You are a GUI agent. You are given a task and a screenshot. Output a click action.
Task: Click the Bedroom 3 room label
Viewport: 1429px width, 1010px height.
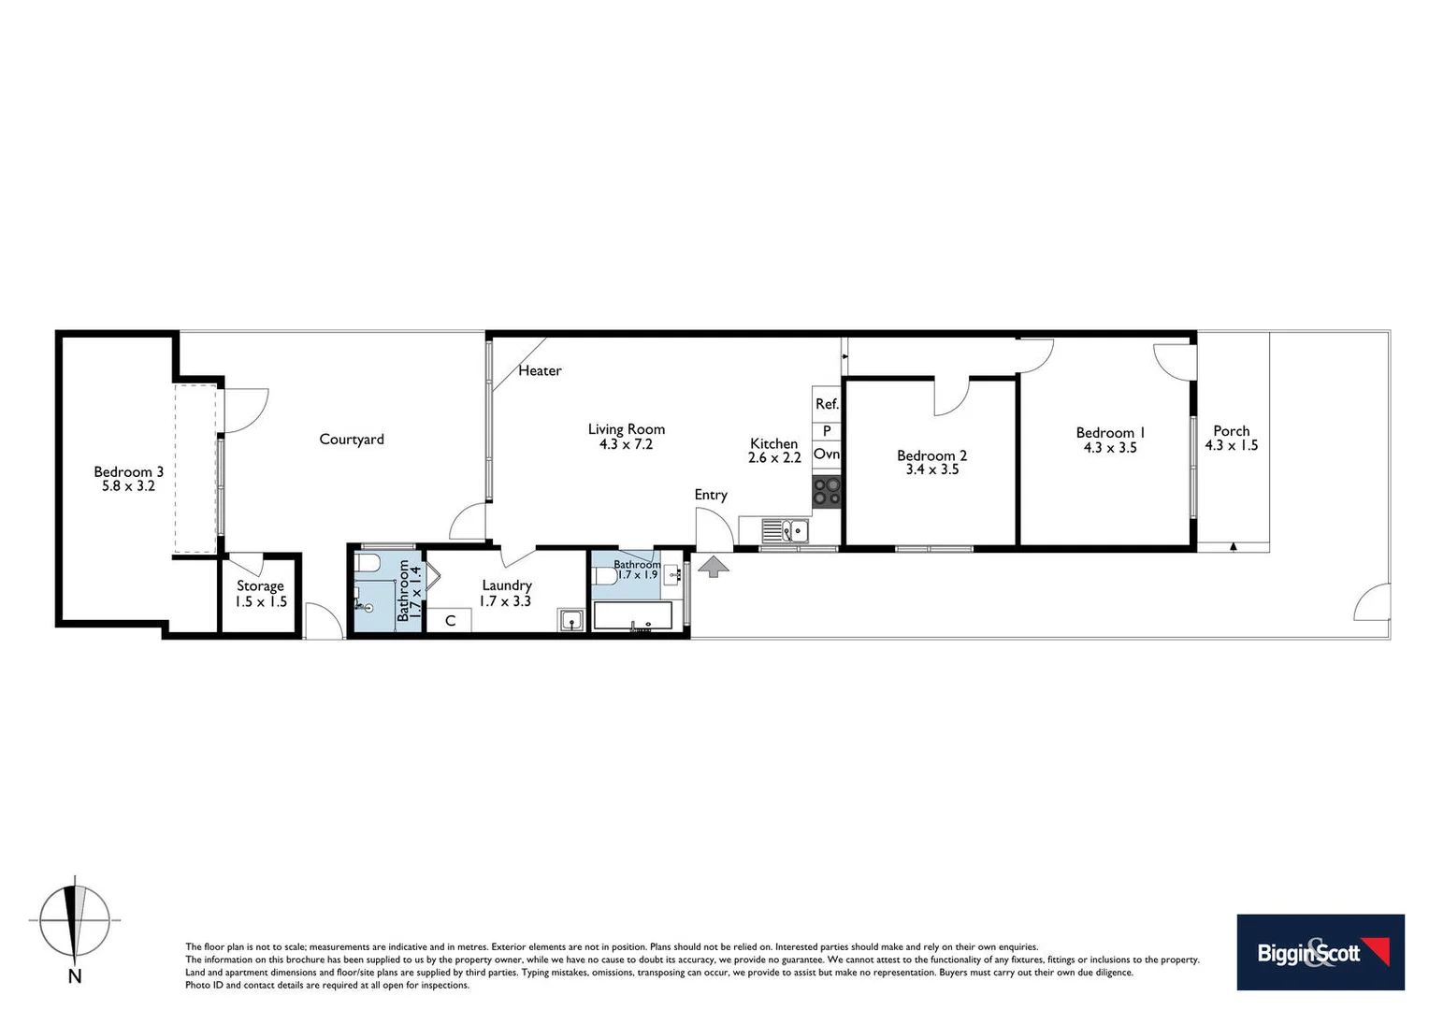128,471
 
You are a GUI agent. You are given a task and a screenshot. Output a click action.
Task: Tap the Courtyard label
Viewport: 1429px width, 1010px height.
352,439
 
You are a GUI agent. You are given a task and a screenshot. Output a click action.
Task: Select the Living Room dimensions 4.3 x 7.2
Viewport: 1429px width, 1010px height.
626,444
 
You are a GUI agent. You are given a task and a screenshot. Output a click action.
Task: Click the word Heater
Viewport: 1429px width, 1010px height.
540,370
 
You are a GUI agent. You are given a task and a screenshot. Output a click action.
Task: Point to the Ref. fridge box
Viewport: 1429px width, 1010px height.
827,404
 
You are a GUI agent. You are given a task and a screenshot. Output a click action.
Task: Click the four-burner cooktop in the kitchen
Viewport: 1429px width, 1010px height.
827,492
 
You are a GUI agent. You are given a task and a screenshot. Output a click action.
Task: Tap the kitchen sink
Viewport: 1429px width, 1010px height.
786,531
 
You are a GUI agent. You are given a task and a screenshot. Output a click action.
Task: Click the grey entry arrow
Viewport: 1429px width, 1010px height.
714,566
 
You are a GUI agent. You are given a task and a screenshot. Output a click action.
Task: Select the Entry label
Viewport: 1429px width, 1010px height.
711,495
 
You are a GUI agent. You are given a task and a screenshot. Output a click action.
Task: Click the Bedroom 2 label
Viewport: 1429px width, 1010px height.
931,455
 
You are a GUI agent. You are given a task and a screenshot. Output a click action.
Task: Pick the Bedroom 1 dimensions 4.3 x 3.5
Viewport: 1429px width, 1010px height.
1110,448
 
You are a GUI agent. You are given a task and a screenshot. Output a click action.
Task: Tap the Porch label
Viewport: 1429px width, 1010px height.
1231,431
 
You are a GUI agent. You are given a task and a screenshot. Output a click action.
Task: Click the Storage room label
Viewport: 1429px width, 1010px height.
260,585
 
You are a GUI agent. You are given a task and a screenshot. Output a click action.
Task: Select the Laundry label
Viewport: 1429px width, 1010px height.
506,584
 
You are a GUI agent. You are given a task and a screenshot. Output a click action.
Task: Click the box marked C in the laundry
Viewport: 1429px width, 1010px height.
450,621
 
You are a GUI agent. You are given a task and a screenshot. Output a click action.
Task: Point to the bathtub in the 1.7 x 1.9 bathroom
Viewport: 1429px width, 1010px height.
633,616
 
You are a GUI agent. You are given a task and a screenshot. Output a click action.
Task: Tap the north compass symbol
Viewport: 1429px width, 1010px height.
75,922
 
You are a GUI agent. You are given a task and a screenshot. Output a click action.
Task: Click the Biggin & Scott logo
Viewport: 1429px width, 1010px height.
1320,952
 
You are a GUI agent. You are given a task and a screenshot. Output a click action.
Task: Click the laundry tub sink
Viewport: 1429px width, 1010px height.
571,621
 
